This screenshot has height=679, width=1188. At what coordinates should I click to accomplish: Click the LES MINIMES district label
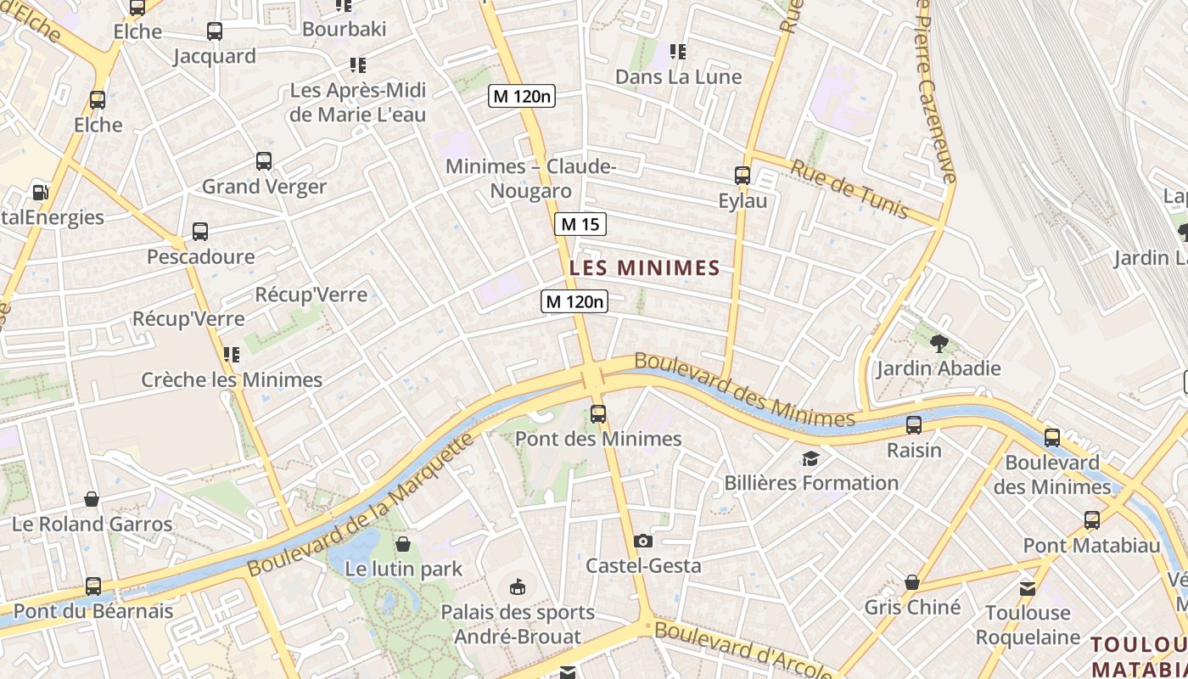click(644, 268)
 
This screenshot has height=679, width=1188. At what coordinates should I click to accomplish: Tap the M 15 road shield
click(580, 224)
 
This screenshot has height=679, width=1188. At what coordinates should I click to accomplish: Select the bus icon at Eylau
click(742, 176)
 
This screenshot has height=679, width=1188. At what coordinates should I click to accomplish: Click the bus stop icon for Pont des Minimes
click(598, 414)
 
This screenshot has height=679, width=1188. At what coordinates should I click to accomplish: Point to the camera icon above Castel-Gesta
click(643, 541)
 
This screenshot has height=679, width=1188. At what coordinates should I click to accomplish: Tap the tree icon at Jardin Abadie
click(939, 344)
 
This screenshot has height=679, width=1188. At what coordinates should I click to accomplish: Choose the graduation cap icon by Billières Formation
click(810, 459)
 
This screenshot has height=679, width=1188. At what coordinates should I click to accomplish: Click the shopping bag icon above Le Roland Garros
click(92, 499)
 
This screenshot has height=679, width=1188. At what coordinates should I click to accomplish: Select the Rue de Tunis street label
click(849, 188)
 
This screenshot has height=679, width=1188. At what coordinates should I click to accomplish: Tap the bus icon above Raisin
click(914, 425)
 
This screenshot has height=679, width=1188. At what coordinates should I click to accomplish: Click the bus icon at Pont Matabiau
click(1091, 520)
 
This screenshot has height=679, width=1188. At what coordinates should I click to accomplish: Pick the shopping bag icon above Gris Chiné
click(912, 582)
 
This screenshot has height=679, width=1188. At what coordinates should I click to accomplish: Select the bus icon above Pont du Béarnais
click(93, 586)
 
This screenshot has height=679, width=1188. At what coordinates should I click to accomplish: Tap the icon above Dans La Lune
click(677, 52)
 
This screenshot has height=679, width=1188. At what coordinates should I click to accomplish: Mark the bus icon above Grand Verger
click(264, 161)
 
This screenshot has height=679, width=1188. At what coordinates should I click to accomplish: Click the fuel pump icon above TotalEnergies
click(39, 193)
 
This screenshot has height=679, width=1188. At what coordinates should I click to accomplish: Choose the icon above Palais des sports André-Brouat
click(517, 586)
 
